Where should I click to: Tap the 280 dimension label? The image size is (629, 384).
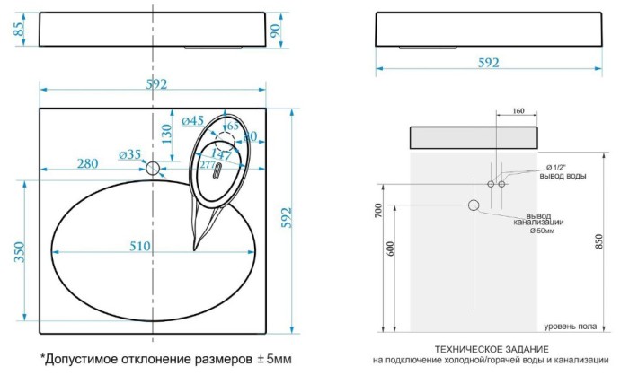pyautogui.click(x=87, y=163)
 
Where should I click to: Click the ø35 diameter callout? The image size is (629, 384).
pyautogui.click(x=130, y=154)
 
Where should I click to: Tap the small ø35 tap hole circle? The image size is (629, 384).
pyautogui.click(x=153, y=168)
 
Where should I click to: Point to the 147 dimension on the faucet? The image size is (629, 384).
pyautogui.click(x=221, y=155)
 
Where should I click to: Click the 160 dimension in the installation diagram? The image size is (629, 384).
pyautogui.click(x=518, y=111)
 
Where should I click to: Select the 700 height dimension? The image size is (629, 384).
pyautogui.click(x=378, y=210)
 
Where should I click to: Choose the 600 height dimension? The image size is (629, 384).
pyautogui.click(x=390, y=249)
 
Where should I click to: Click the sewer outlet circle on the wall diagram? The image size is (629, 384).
pyautogui.click(x=474, y=205)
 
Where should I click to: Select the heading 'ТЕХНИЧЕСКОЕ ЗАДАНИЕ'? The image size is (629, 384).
pyautogui.click(x=491, y=348)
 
